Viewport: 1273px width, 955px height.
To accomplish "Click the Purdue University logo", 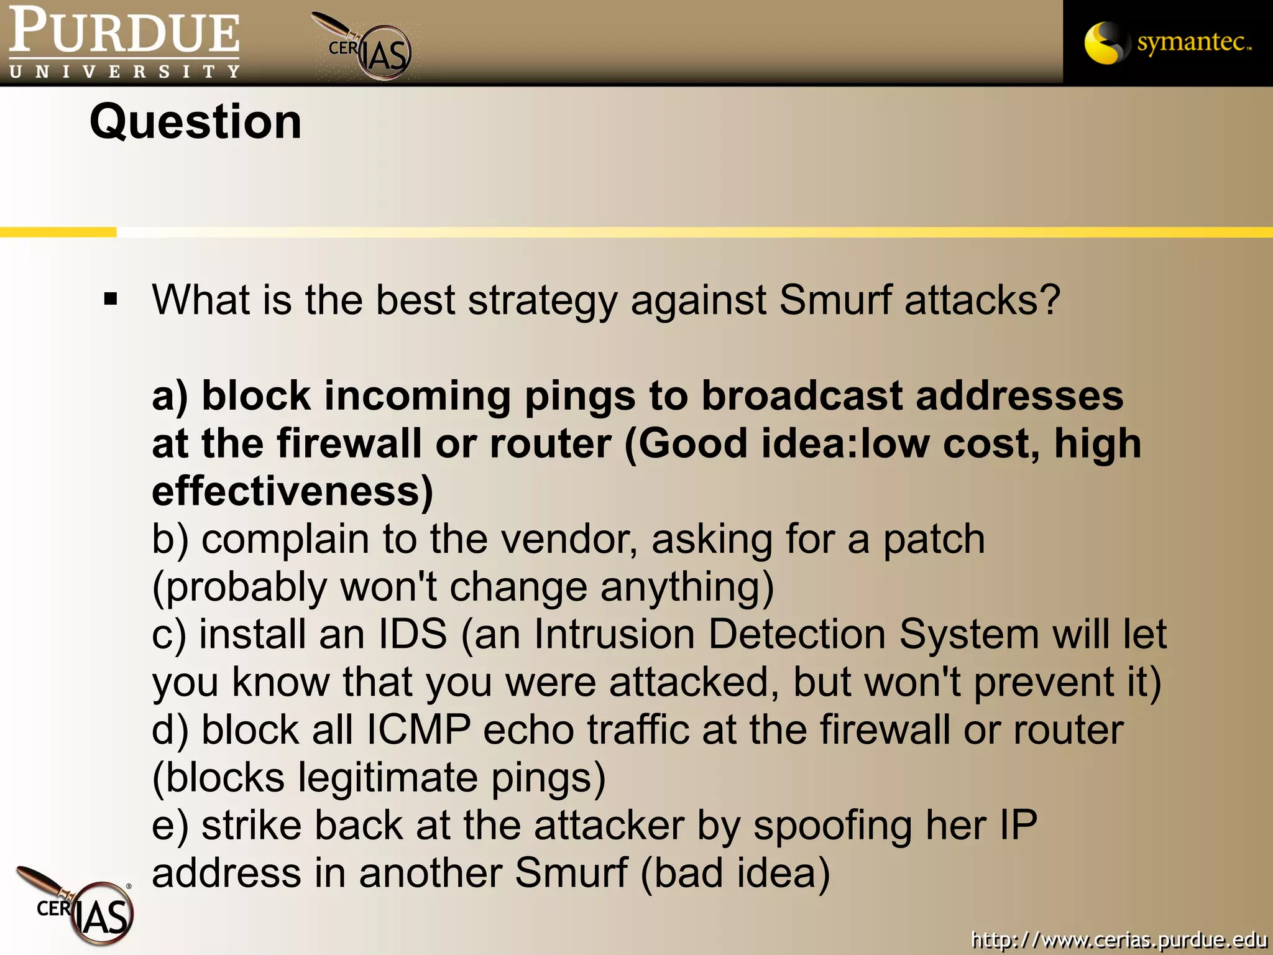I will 124,42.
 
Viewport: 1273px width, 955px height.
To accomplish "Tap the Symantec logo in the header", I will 1167,42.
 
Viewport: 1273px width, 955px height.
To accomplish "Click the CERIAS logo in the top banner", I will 367,47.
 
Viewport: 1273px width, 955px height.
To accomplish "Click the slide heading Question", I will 196,122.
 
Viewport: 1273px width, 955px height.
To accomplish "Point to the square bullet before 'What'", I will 111,300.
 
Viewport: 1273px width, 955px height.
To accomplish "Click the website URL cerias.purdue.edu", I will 1119,938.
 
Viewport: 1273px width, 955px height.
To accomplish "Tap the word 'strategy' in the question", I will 543,301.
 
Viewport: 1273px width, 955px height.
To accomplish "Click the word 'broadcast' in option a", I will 801,396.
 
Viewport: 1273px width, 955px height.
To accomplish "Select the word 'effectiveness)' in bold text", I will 293,491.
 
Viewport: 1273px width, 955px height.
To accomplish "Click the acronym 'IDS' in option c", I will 413,634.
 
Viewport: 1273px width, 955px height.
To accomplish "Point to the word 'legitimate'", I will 387,778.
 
